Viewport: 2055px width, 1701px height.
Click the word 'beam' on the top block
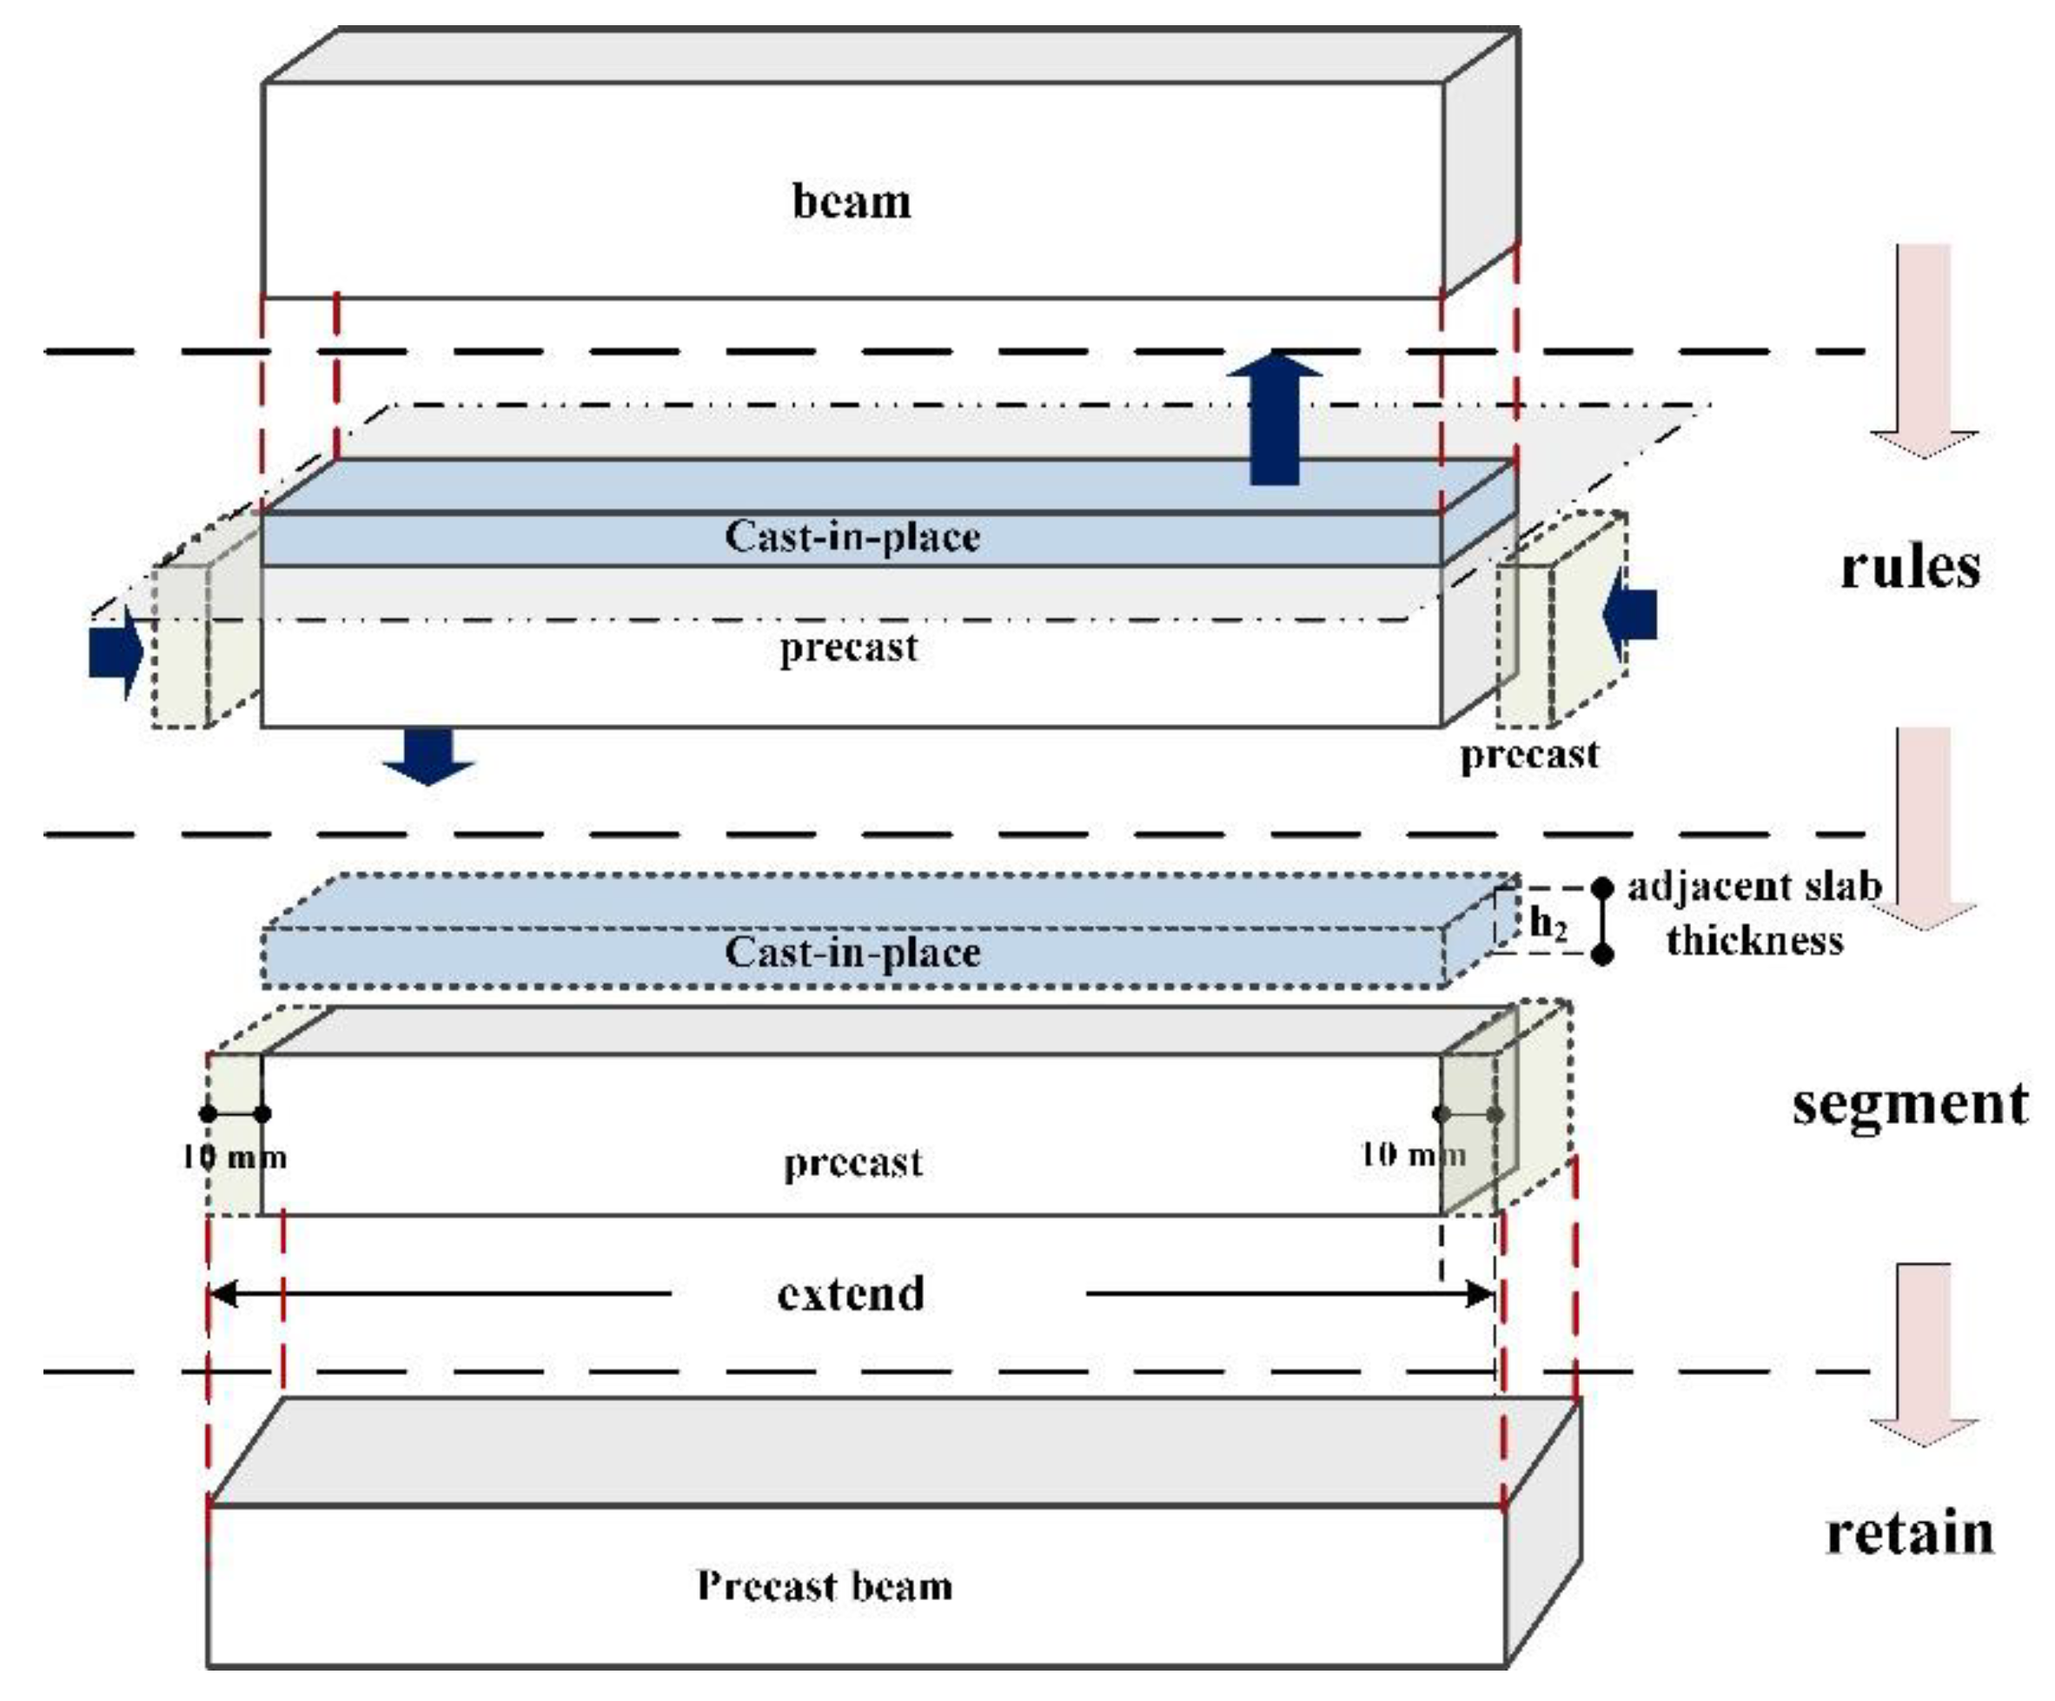tap(852, 202)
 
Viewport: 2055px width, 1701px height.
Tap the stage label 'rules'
tap(1909, 568)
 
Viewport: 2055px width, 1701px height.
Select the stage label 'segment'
tap(1909, 1104)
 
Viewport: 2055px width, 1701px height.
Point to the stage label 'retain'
tap(1909, 1533)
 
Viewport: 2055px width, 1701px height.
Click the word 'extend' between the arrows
tap(851, 1294)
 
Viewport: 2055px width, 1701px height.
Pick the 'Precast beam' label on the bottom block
tap(824, 1585)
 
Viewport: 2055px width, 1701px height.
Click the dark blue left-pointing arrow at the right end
tap(1630, 615)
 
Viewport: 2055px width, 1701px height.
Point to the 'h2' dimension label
tap(1548, 922)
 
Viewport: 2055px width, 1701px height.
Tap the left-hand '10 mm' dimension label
tap(234, 1158)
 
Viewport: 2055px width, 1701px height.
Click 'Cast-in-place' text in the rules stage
tap(852, 536)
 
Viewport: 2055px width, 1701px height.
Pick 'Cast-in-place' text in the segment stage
tap(852, 953)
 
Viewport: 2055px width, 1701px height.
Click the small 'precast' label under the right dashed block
tap(1528, 754)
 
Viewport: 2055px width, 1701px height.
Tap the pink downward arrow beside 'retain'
tap(1924, 1356)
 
